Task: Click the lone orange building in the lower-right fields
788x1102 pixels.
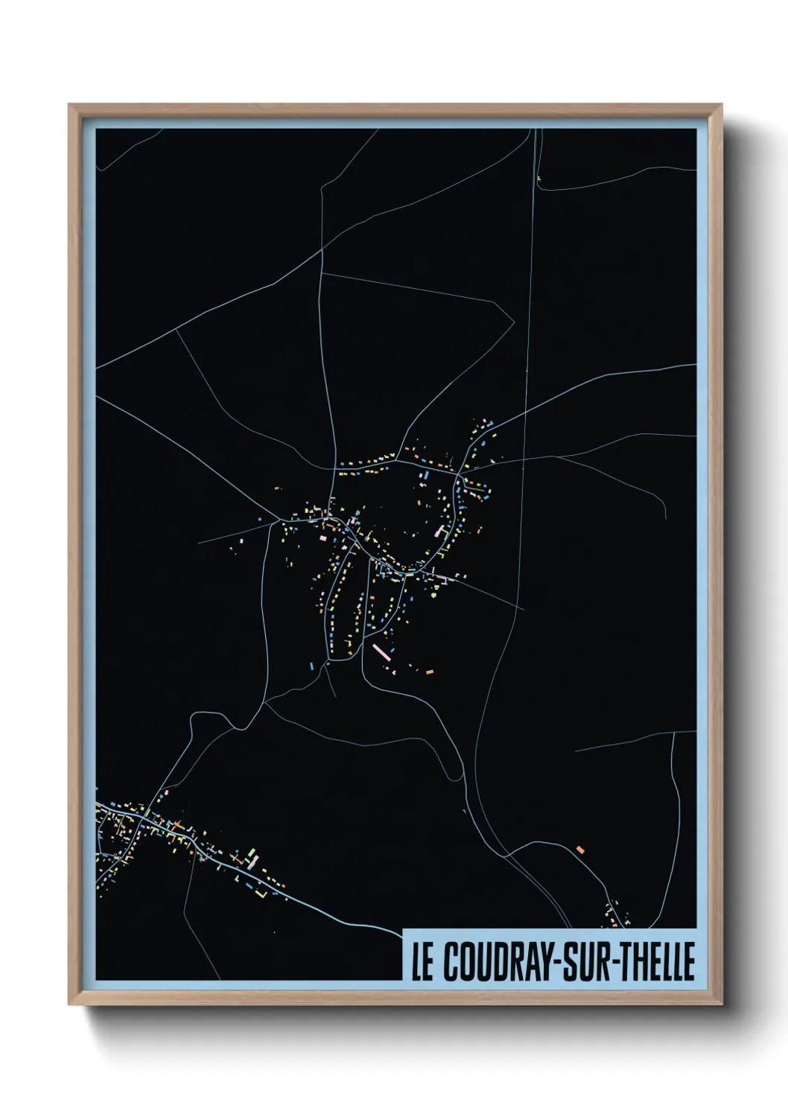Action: tap(580, 849)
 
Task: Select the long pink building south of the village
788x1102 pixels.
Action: tap(381, 652)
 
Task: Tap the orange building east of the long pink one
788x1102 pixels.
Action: tap(429, 672)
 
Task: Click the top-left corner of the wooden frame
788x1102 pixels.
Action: tap(70, 106)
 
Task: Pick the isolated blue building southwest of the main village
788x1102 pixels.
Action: tap(311, 664)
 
